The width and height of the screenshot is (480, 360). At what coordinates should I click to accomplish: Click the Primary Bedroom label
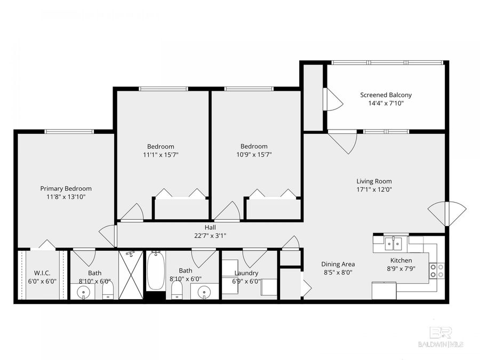click(x=66, y=188)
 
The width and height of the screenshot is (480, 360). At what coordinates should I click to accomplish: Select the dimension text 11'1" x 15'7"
click(x=161, y=155)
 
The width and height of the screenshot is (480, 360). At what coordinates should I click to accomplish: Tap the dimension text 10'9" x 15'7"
click(x=253, y=155)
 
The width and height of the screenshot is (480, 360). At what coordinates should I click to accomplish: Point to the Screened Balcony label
click(x=386, y=95)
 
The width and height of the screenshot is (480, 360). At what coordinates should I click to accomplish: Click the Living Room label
click(x=374, y=180)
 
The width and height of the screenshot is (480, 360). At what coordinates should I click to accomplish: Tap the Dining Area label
click(x=338, y=264)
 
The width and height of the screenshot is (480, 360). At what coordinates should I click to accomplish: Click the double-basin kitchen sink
click(x=395, y=244)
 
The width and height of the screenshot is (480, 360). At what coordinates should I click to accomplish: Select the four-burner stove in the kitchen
click(x=437, y=270)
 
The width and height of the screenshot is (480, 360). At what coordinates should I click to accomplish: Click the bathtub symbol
click(x=155, y=270)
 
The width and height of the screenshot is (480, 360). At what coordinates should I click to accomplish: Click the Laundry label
click(x=246, y=273)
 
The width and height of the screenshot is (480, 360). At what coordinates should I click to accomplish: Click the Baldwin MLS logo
click(x=441, y=337)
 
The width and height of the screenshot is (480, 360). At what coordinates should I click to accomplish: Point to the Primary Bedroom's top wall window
click(x=69, y=131)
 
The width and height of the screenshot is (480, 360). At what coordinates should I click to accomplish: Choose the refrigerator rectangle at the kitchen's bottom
click(x=383, y=290)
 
